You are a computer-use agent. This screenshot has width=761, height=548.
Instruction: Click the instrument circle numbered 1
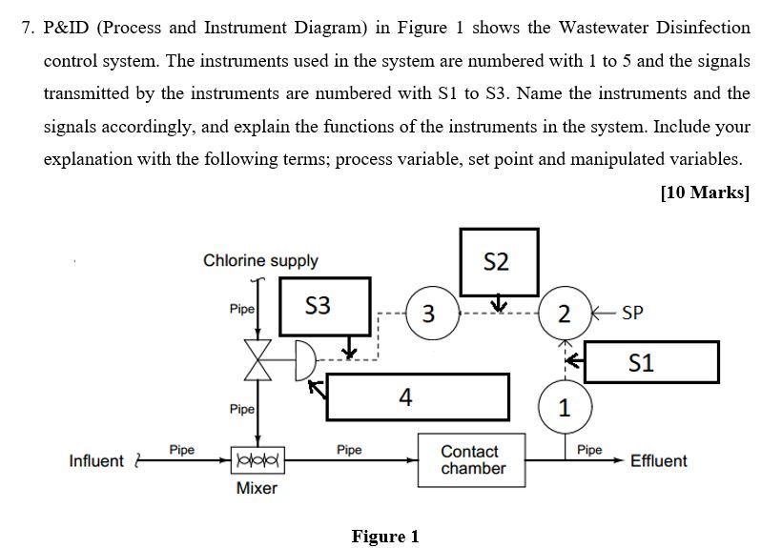(565, 408)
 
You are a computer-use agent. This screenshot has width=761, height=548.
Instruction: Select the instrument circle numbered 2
(565, 313)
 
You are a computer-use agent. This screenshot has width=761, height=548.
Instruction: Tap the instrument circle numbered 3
(428, 313)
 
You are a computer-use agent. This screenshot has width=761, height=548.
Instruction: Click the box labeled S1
(654, 362)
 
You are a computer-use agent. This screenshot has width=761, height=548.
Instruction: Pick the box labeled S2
(497, 261)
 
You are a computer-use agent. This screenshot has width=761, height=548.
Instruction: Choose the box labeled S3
(318, 306)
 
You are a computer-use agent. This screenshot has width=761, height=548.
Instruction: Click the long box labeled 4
(417, 396)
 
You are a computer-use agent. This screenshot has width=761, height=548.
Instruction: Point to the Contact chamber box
(472, 460)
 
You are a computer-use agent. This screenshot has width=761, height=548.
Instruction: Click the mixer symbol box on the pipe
(256, 460)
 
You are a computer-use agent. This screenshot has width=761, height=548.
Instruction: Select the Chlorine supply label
(260, 260)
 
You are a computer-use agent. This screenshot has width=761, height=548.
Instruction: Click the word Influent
(96, 461)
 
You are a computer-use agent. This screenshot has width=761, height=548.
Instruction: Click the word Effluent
(658, 461)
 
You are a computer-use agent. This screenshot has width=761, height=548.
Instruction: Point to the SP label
(632, 313)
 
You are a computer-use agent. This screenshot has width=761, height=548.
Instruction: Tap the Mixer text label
(256, 489)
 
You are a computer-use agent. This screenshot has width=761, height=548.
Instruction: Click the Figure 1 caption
(385, 537)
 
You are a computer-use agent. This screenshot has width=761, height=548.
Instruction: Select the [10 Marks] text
(705, 193)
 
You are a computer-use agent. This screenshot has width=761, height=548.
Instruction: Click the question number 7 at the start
(28, 27)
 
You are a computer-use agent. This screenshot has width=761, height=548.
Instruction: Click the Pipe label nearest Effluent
(589, 449)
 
